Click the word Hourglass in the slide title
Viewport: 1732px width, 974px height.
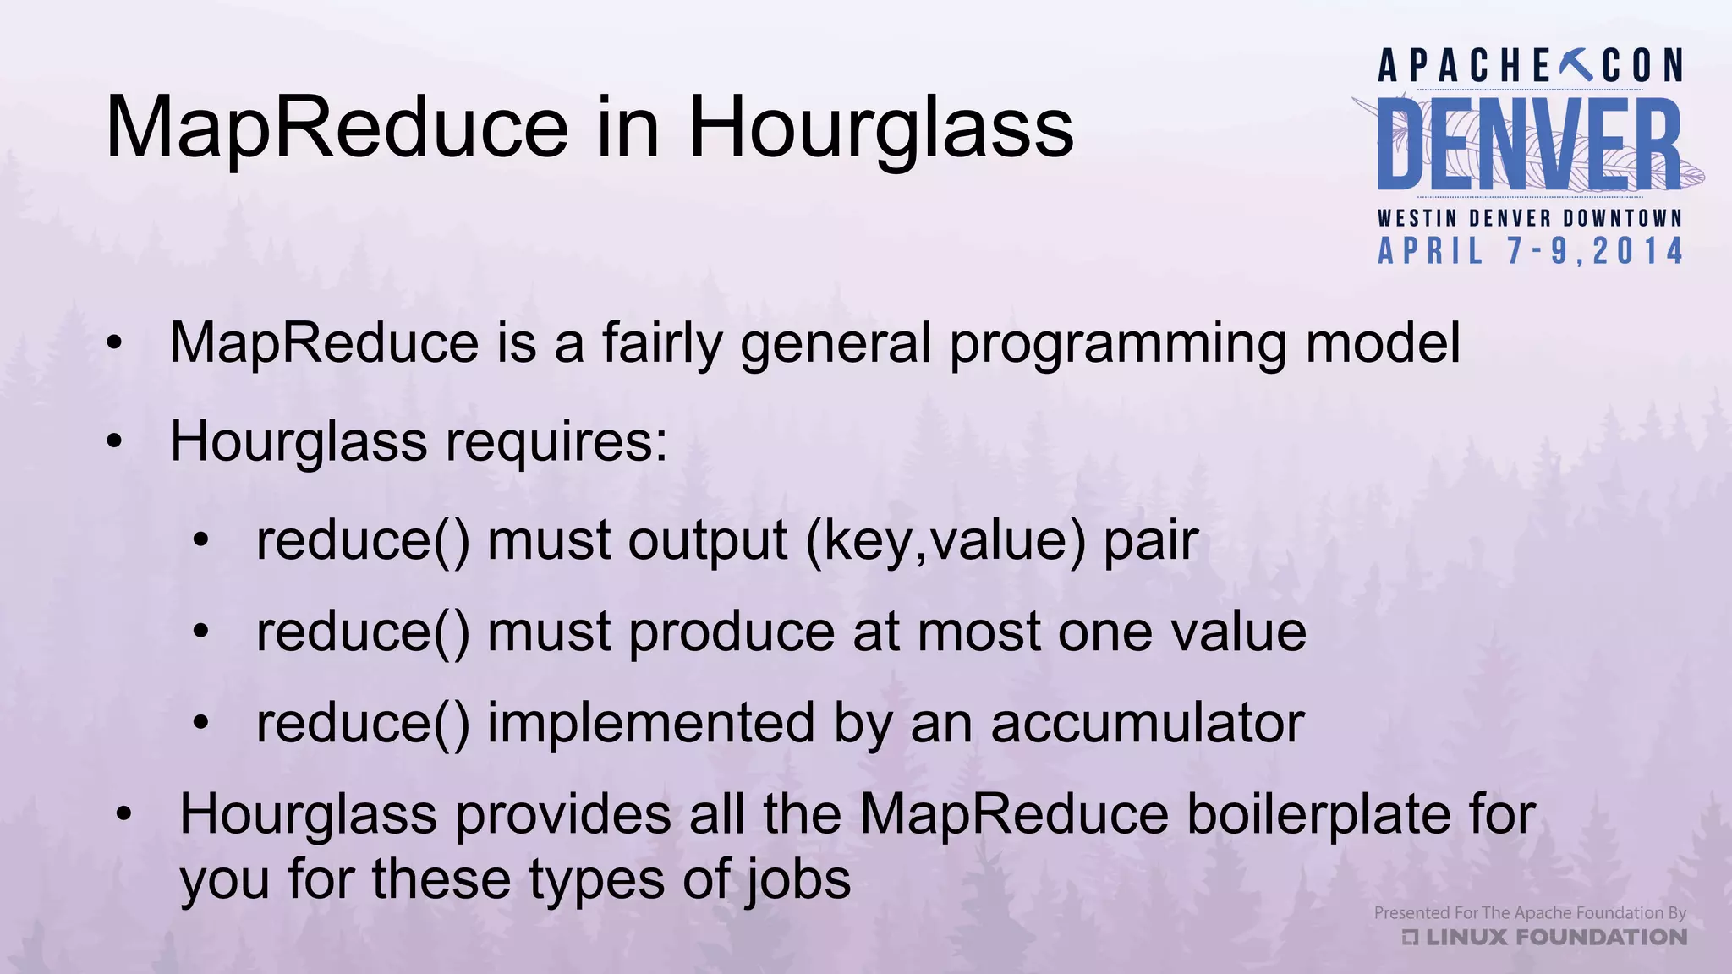(880, 129)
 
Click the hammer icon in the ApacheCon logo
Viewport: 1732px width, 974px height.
(1575, 64)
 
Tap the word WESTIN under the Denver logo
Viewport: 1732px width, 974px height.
(1417, 218)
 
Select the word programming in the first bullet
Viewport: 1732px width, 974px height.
(1118, 344)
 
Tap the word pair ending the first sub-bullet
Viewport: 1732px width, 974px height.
(1151, 542)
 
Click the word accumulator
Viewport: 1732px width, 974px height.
(1148, 724)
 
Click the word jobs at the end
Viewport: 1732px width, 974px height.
(798, 880)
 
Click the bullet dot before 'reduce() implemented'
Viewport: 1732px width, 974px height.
(200, 723)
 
